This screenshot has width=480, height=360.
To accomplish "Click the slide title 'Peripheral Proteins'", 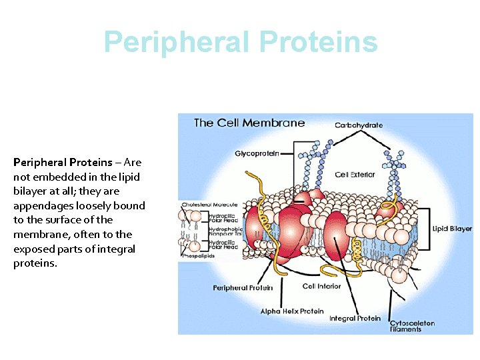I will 241,42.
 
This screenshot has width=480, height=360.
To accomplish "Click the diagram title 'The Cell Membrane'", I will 249,123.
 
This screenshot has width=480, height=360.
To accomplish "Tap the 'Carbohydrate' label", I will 358,125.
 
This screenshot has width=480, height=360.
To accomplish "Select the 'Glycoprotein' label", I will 256,153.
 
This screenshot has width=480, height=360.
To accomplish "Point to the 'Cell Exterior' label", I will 355,175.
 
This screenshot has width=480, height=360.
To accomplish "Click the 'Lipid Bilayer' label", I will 452,229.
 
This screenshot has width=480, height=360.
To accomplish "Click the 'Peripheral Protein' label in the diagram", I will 243,288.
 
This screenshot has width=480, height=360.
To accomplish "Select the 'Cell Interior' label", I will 321,286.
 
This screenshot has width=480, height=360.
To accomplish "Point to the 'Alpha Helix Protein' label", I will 292,311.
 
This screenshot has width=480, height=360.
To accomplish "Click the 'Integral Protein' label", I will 355,318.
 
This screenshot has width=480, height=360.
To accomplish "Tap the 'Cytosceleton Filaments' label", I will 412,326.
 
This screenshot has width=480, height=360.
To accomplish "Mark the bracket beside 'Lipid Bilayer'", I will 425,229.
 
